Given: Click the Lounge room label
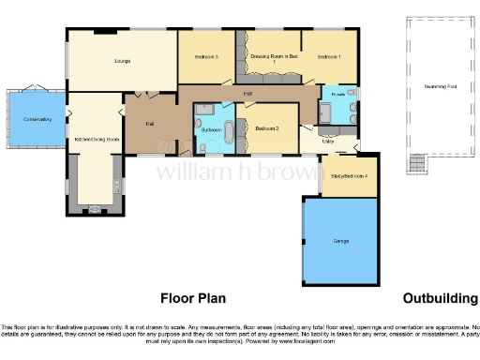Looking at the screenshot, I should tap(122, 62).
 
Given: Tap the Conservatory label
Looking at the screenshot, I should tap(37, 119).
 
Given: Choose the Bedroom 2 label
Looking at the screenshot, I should tap(267, 128).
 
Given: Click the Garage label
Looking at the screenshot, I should tap(341, 241).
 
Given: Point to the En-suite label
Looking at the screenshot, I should tap(338, 95).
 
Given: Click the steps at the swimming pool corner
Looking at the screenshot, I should tap(413, 165).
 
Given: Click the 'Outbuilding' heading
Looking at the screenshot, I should tap(440, 298).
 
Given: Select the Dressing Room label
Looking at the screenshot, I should tap(273, 58).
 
